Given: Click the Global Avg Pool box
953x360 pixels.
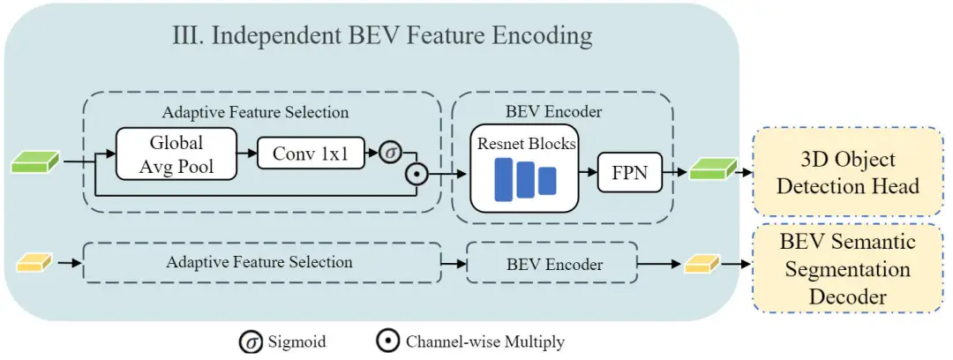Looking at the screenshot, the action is [176, 154].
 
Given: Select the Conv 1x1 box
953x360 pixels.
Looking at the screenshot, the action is [311, 154].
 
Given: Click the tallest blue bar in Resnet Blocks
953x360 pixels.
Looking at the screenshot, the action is [505, 179].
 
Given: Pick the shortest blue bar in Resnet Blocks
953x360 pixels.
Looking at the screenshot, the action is [547, 181].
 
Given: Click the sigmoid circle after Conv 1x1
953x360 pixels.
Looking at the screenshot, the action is [390, 153].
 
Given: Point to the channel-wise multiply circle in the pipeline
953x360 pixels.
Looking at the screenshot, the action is [416, 174].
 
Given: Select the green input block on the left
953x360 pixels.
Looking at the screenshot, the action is [36, 162].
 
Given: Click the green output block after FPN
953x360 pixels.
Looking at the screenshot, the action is [712, 169].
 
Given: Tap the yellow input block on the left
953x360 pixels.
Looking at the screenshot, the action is [34, 263].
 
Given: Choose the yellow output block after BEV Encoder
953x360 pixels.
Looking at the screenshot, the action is [702, 264].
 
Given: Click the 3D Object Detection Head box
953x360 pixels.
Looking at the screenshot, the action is [848, 171].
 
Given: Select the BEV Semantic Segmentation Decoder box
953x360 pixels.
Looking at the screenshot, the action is [848, 268].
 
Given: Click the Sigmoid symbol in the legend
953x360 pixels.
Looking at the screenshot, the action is [250, 342].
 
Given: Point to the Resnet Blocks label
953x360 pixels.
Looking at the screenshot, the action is [526, 144].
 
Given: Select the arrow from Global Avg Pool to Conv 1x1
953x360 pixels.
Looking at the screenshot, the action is [247, 154].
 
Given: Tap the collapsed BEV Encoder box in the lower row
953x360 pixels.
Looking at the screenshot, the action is [552, 263].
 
